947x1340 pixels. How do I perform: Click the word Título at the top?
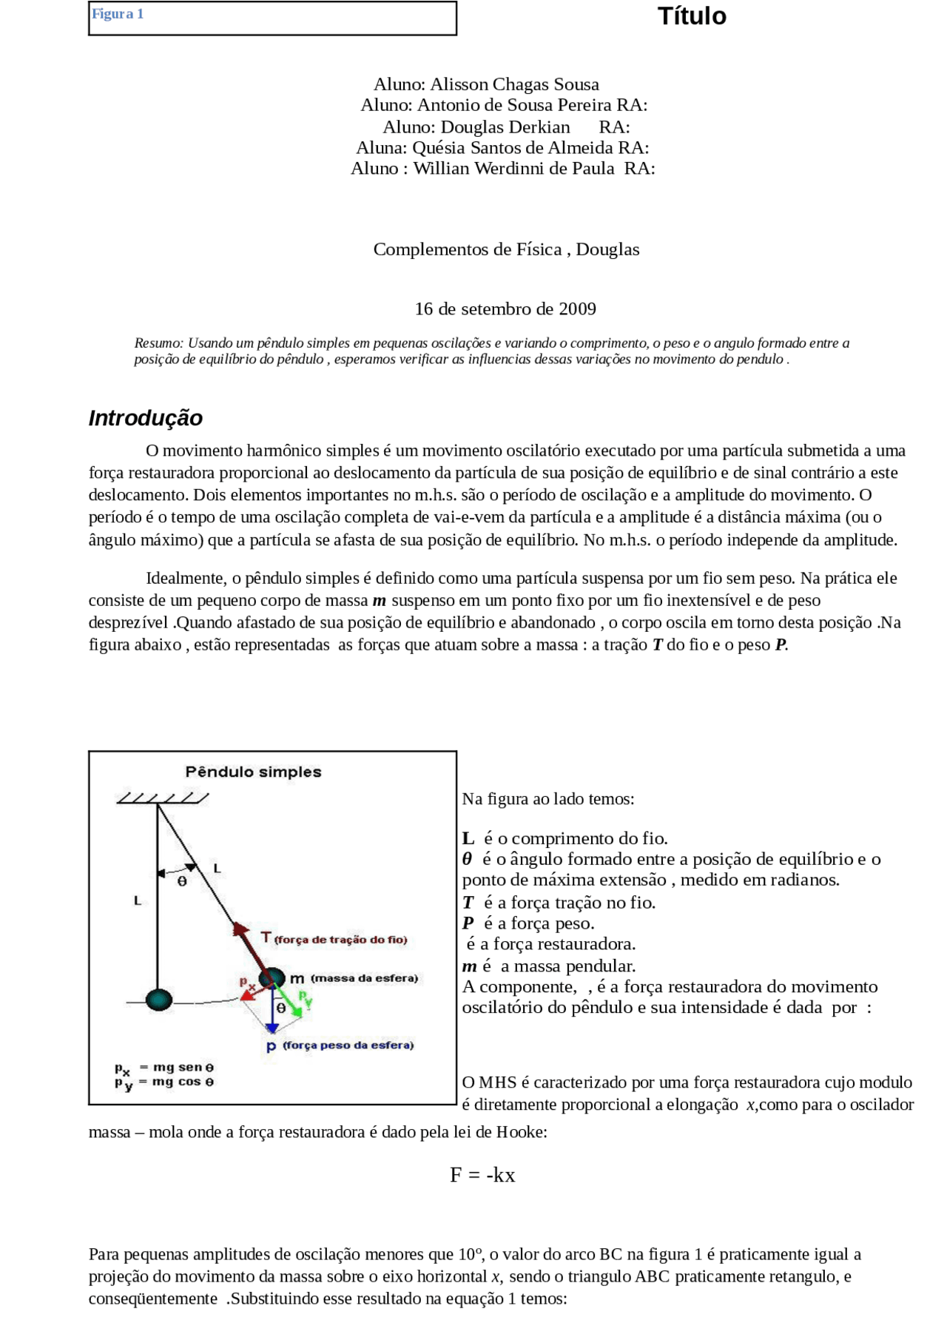coord(692,16)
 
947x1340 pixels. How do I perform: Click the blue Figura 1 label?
coord(118,14)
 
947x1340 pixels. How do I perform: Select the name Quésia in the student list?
coord(439,148)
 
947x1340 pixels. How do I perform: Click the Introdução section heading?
coord(145,418)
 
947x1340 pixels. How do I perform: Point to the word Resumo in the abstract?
coord(158,343)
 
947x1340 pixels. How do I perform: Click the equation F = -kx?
coord(482,1175)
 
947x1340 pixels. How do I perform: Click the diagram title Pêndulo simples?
coord(253,772)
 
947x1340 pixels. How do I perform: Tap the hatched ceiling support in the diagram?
coord(163,798)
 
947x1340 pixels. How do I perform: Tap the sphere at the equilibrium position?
coord(158,1000)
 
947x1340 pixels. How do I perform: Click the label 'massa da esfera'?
coord(364,978)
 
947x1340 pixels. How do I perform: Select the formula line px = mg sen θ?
coord(164,1068)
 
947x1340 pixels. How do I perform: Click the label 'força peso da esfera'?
coord(348,1046)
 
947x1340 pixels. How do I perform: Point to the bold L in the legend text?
coord(468,838)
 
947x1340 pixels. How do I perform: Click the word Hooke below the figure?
coord(519,1132)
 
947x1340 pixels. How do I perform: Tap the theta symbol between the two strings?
coord(182,881)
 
